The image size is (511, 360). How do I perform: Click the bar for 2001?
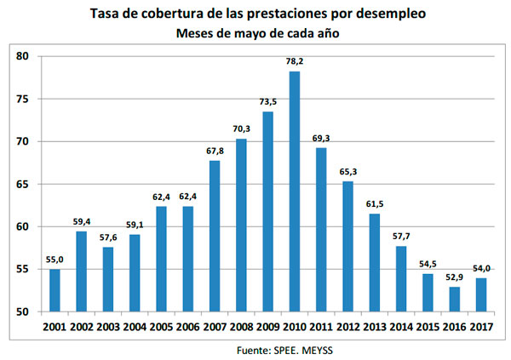(x=55, y=290)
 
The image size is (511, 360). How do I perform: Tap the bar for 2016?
(x=455, y=300)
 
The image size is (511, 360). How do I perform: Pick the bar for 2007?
(x=215, y=236)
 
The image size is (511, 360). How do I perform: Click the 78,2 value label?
(x=295, y=62)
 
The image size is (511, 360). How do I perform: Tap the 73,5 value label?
(x=268, y=102)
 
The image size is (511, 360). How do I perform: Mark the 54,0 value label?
(x=482, y=269)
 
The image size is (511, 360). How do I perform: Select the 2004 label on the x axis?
(x=135, y=326)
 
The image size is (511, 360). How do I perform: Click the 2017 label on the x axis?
(x=482, y=326)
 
